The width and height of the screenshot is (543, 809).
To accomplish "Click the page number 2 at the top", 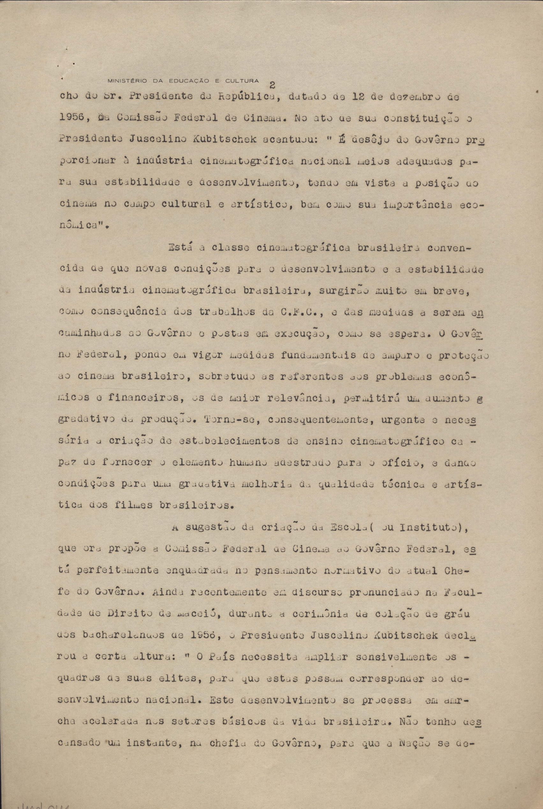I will click(272, 85).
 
